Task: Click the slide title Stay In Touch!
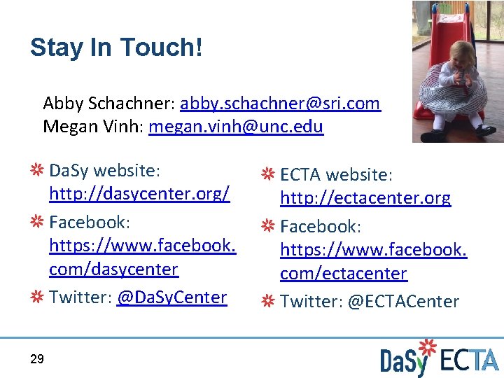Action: point(116,48)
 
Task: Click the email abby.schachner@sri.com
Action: point(280,104)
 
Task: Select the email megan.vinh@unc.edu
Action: point(236,127)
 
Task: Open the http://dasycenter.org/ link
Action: point(139,194)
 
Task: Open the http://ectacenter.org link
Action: point(365,199)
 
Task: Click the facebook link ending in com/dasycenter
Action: point(113,269)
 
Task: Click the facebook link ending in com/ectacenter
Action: point(344,274)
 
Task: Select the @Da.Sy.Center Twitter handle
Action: point(171,297)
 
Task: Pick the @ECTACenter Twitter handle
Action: point(403,302)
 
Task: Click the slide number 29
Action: point(37,359)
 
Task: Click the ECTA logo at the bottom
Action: point(469,360)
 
